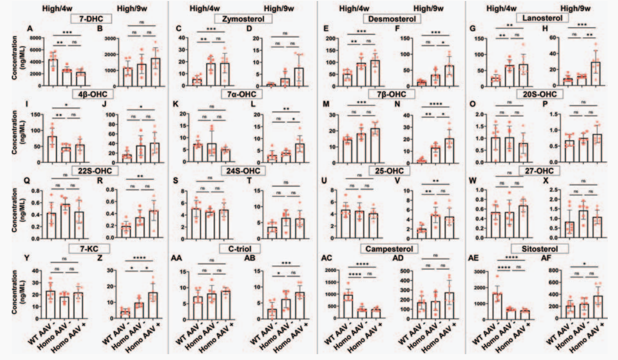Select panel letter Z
(x=114, y=257)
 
